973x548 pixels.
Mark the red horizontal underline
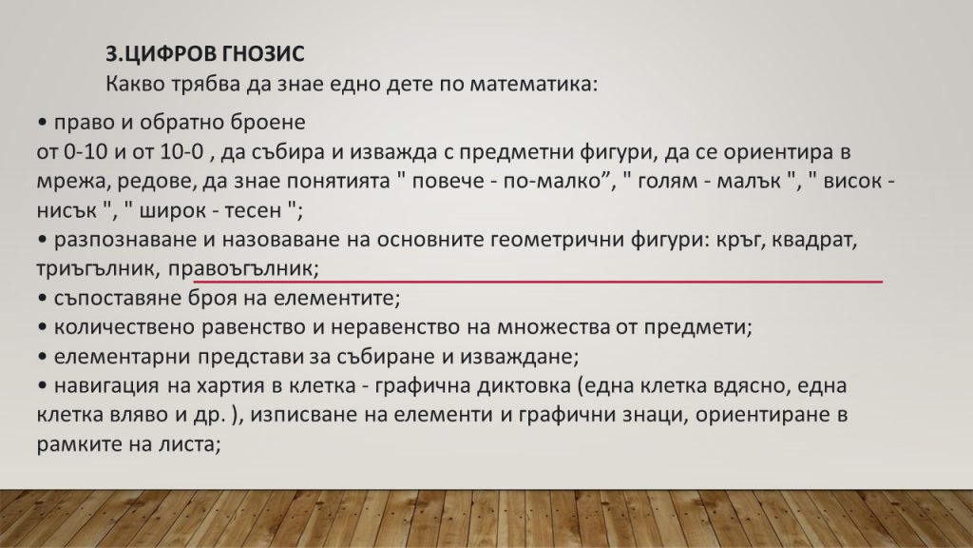pyautogui.click(x=538, y=282)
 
